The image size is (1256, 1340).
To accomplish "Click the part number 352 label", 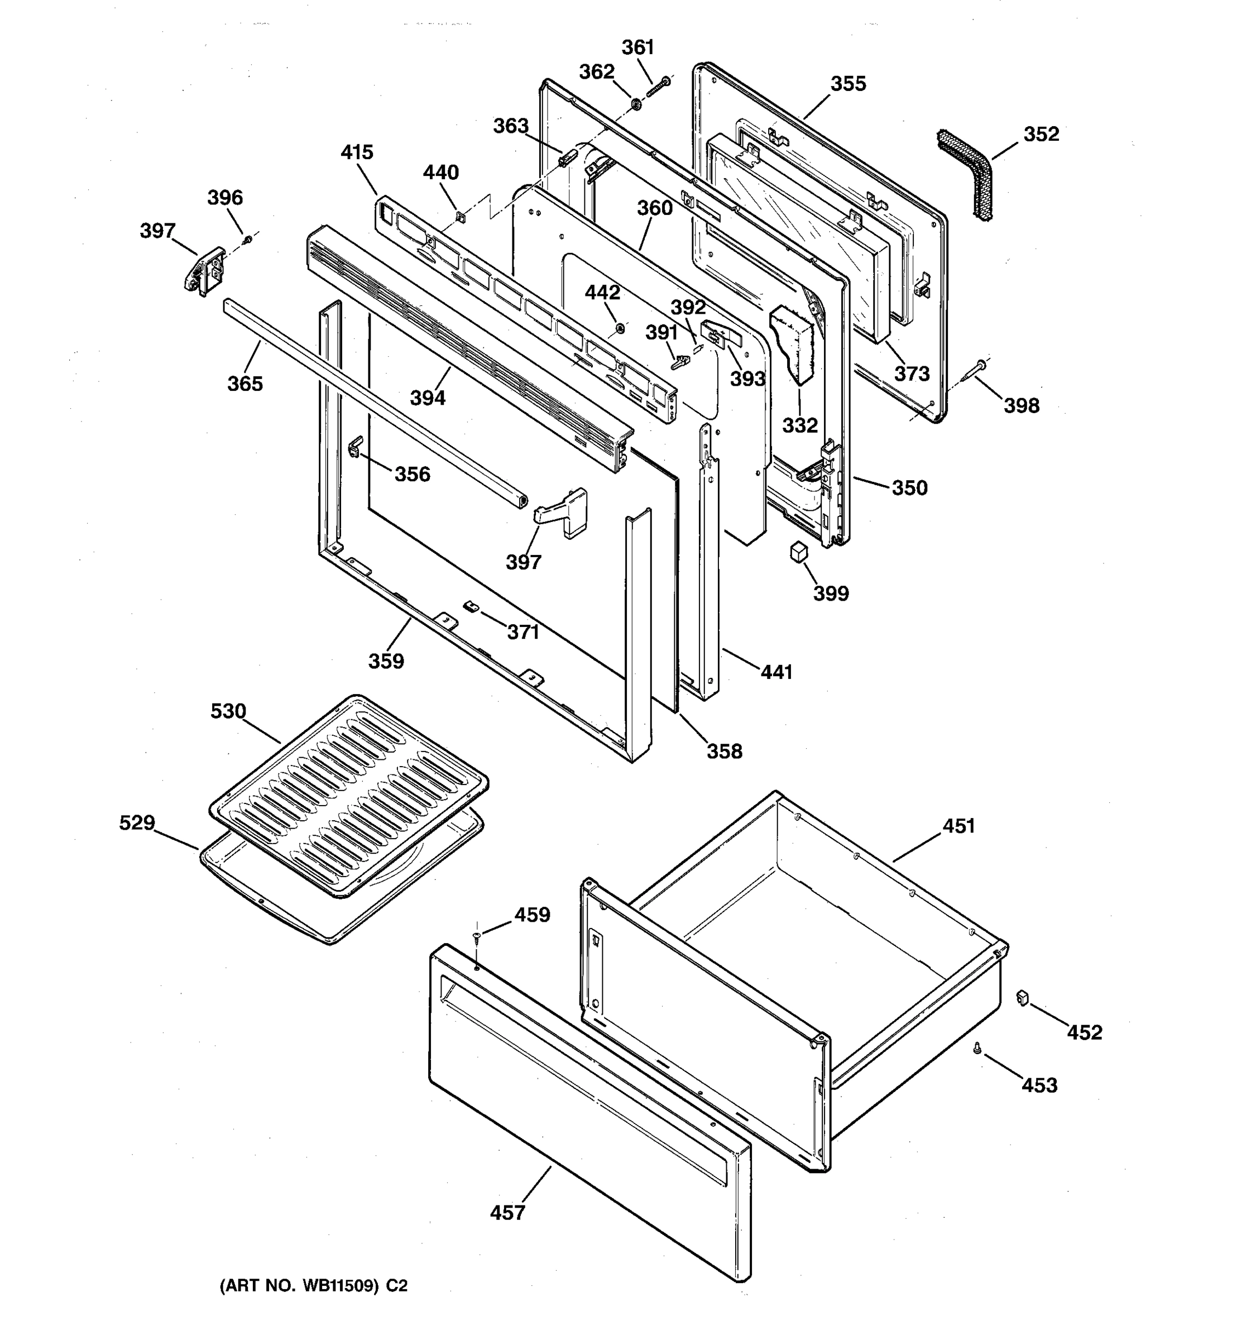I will [1041, 134].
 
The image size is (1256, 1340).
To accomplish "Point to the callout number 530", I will [228, 711].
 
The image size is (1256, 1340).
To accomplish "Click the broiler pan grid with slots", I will [348, 796].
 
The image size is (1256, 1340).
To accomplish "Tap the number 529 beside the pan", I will [137, 822].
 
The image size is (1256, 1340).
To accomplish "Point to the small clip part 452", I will [1022, 997].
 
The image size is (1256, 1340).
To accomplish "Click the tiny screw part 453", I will [977, 1047].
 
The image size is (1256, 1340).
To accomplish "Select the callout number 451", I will [958, 826].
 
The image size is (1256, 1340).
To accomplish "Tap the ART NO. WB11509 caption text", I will [313, 1285].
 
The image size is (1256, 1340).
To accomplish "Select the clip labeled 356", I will [355, 445].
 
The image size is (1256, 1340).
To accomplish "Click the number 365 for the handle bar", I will [245, 384].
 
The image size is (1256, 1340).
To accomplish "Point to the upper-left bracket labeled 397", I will [204, 271].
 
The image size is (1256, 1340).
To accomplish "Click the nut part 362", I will [635, 104].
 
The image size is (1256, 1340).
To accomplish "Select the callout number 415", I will [357, 152].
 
